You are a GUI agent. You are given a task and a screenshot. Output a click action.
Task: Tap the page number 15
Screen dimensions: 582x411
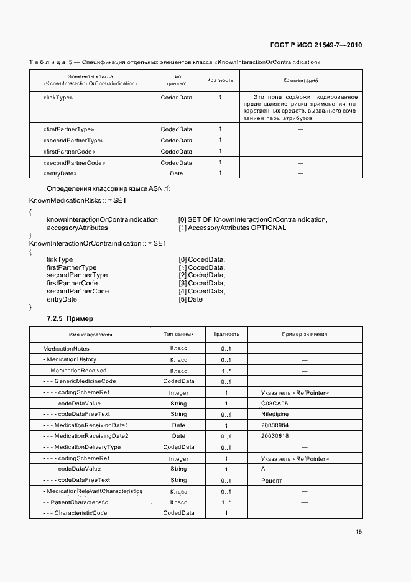(x=359, y=531)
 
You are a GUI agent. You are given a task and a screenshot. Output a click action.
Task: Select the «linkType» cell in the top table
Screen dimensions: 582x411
(x=58, y=98)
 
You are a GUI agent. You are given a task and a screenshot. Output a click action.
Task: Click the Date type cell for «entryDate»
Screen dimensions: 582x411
(x=177, y=173)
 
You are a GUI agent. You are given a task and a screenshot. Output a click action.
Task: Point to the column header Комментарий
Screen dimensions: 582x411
(x=300, y=80)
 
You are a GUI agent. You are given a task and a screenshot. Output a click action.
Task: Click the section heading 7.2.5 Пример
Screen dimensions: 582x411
(x=70, y=318)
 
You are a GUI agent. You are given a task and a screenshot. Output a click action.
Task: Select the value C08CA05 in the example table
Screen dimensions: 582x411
(x=277, y=404)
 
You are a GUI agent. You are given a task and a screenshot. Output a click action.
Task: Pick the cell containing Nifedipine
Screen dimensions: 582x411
(x=277, y=414)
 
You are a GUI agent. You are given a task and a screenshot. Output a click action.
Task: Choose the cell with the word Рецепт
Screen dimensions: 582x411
(x=272, y=481)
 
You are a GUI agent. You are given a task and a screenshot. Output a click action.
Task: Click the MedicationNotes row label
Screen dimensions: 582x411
(x=66, y=349)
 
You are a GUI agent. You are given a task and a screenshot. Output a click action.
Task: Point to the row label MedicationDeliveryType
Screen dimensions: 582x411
(x=82, y=447)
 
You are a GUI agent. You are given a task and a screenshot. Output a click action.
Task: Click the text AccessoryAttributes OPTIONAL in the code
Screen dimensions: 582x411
(x=233, y=228)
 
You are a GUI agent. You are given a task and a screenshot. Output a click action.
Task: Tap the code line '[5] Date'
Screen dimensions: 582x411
(x=190, y=299)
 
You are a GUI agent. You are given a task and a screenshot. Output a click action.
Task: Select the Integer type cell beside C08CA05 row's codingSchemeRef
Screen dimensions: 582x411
(x=178, y=393)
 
